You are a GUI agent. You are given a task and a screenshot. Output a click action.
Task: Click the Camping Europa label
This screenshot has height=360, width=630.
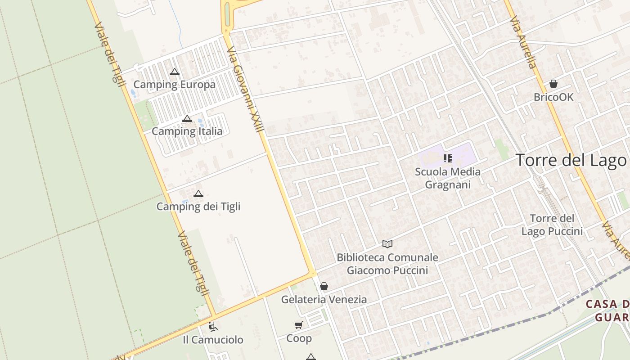point(175,85)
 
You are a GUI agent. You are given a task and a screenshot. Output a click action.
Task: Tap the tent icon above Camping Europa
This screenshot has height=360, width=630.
point(175,72)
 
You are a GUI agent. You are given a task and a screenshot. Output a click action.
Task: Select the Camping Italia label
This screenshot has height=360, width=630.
point(187,131)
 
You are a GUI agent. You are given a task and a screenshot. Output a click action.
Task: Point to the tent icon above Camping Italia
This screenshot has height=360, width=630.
point(187,118)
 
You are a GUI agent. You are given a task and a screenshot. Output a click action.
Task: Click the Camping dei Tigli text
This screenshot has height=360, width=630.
point(198,207)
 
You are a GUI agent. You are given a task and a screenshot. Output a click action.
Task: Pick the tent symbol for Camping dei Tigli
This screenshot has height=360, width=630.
point(198,193)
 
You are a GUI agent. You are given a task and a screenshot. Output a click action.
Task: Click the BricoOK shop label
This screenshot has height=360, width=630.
point(553,97)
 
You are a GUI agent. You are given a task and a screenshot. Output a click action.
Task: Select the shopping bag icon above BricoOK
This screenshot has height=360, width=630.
point(553,84)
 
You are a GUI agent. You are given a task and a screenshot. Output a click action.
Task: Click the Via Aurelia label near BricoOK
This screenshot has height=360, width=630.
point(523,43)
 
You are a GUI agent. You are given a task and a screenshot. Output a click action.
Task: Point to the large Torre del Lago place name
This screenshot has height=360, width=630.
point(571,160)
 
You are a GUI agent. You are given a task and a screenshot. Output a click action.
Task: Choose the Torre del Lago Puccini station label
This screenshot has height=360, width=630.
point(552,225)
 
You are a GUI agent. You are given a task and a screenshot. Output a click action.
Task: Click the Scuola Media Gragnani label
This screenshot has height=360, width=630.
point(448,178)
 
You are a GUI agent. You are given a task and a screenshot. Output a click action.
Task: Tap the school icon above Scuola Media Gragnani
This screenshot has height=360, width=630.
point(447,158)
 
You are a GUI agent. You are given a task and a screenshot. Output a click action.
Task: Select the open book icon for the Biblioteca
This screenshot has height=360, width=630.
point(387,244)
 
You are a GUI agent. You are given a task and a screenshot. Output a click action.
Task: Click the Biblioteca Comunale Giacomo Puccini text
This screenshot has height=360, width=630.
point(387,264)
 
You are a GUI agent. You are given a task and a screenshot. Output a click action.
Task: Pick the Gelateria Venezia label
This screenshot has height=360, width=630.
point(324,299)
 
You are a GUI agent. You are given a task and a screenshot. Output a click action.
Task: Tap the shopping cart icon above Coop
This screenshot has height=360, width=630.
point(299,325)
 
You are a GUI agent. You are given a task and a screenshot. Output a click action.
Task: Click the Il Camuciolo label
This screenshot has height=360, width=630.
point(213,340)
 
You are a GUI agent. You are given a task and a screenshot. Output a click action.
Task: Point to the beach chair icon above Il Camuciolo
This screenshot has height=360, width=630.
point(213,327)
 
